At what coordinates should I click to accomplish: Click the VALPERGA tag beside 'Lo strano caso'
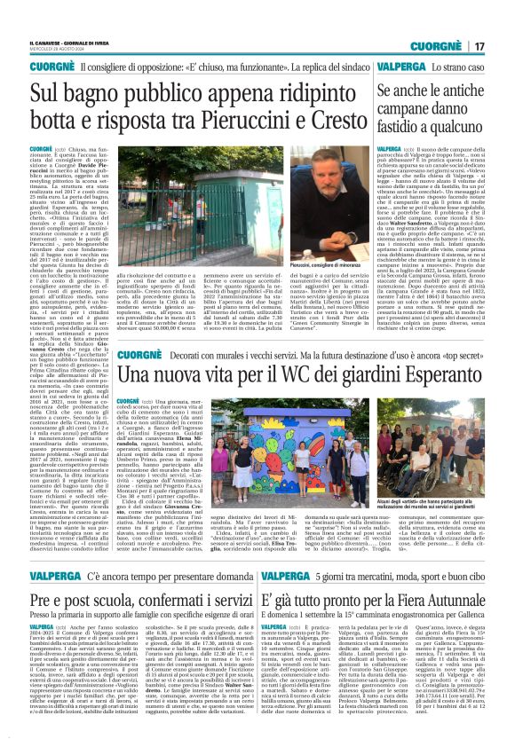(400, 67)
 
